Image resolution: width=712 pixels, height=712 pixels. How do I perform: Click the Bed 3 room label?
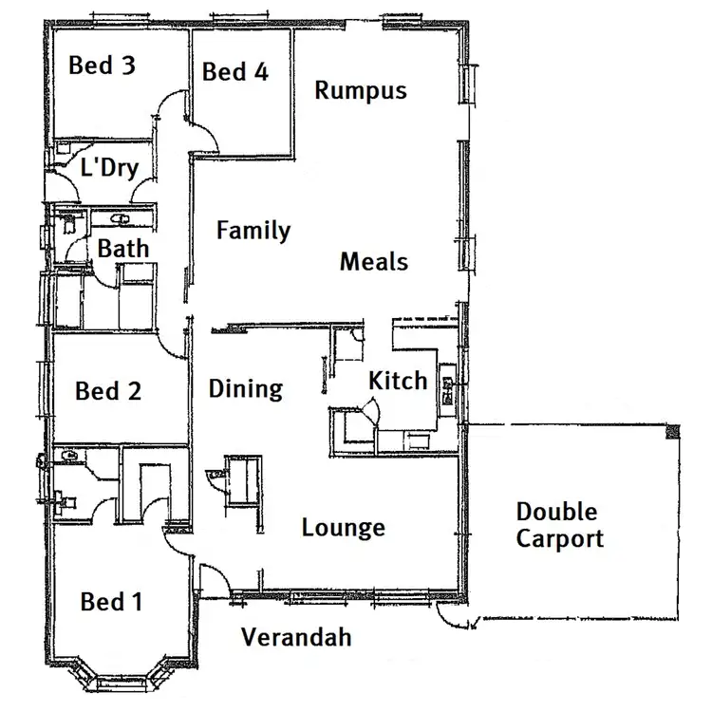tap(103, 66)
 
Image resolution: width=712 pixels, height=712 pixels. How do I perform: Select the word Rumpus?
tap(361, 90)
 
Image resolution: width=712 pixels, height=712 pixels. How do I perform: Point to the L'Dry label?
tap(109, 168)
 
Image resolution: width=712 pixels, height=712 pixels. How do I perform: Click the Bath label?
tap(123, 250)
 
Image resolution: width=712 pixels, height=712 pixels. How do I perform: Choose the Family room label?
tap(253, 231)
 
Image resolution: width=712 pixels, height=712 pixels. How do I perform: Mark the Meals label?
tap(374, 261)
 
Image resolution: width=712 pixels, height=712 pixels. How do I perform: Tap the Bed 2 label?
tap(109, 390)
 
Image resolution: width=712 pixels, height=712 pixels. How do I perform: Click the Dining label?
tap(246, 388)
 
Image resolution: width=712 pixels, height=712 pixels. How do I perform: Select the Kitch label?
tap(398, 382)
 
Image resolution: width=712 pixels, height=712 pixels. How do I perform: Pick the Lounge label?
tap(344, 528)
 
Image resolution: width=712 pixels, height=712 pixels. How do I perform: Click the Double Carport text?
tap(559, 526)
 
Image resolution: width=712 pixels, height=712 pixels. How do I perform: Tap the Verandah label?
tap(295, 636)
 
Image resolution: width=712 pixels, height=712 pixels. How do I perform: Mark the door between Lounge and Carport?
tap(453, 616)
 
